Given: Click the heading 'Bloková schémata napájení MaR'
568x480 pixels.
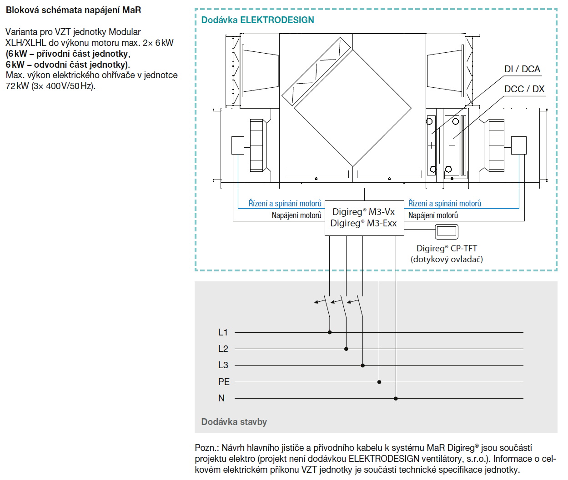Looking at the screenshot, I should (x=73, y=10).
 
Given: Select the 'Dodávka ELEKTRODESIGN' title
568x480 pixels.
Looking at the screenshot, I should (x=257, y=20).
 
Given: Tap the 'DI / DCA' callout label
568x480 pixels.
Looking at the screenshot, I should (x=522, y=69).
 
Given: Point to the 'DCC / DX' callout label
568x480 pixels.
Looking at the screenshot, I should (x=524, y=89).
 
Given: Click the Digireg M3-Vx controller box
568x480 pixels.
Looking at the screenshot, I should (x=364, y=218).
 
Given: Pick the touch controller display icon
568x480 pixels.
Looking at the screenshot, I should (x=446, y=231).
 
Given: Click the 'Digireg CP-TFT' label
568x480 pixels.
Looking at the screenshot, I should (x=447, y=249).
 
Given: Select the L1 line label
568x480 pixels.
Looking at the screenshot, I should (x=223, y=333).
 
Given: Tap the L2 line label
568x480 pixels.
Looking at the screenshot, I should (x=223, y=349).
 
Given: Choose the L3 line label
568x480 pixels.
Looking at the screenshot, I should (x=223, y=365).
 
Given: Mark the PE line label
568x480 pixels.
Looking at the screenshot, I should (x=224, y=382).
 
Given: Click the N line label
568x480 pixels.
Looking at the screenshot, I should (x=221, y=398).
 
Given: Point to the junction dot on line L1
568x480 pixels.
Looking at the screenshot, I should (x=330, y=332).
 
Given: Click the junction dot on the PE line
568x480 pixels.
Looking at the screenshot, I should (x=379, y=382).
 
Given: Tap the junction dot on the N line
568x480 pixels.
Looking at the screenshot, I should (x=396, y=398).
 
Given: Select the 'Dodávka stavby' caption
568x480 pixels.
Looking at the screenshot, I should (x=234, y=422).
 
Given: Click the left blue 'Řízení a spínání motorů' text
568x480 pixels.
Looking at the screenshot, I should (x=285, y=204).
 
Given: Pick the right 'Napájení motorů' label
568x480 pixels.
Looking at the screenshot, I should (x=433, y=215).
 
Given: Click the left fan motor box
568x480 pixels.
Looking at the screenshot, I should (x=238, y=145).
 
